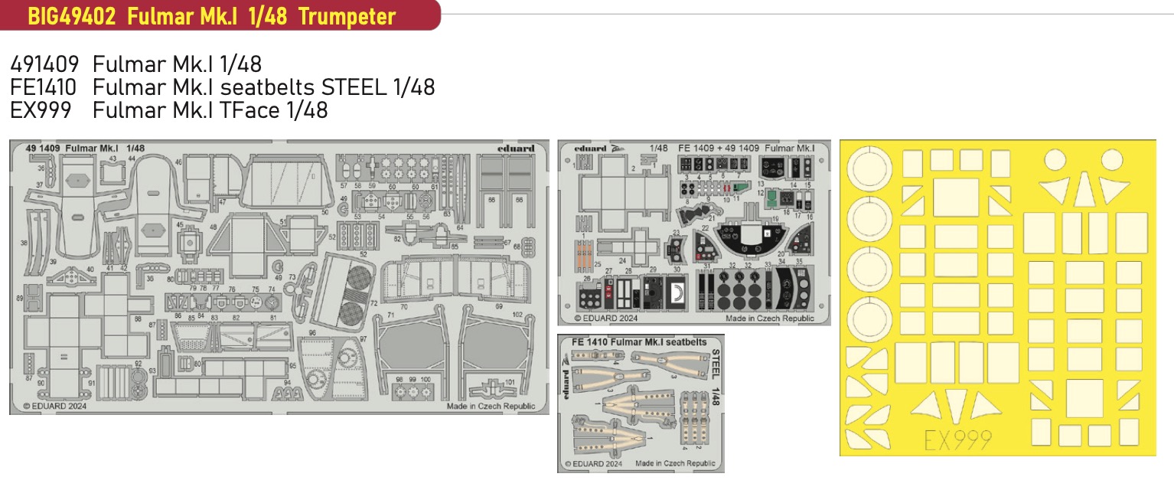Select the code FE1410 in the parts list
tap(44, 87)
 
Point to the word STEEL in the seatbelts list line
tap(351, 87)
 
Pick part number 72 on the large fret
tap(374, 303)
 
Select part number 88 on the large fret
tap(138, 318)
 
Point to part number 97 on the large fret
tap(363, 338)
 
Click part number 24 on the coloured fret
tap(623, 260)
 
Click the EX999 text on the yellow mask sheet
tap(957, 439)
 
